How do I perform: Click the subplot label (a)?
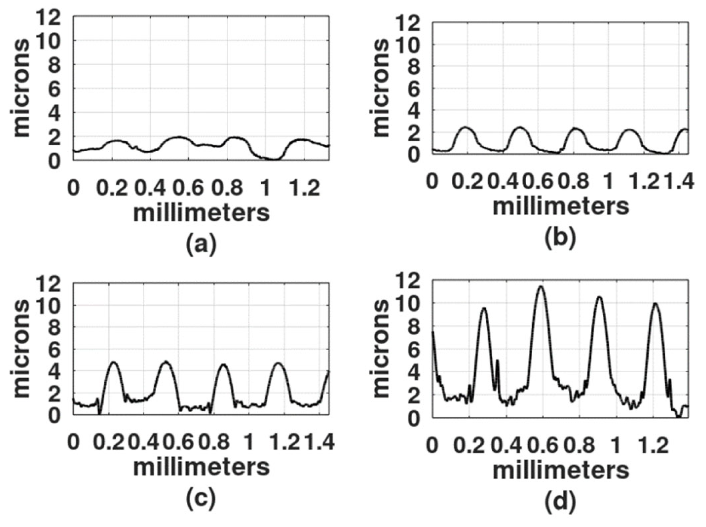point(201,244)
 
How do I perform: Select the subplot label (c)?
point(201,499)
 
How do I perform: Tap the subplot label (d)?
point(560,502)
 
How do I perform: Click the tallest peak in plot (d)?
point(540,287)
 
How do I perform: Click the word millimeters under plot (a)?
point(201,213)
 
